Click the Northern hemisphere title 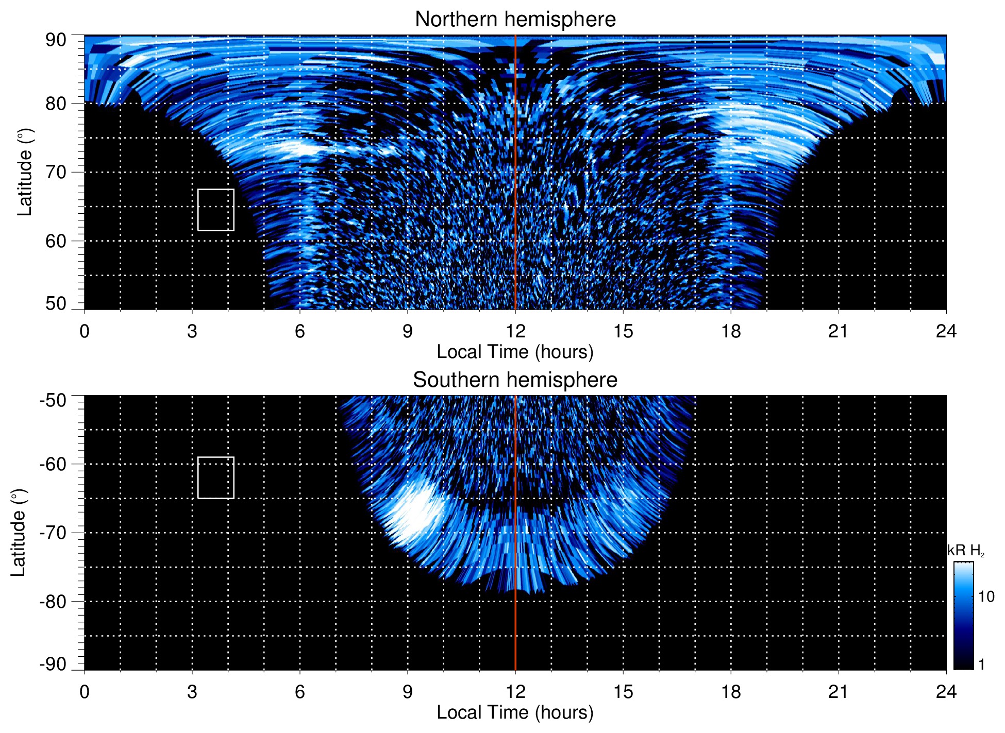click(x=515, y=20)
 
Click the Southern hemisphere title click(x=515, y=380)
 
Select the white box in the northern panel click(x=215, y=210)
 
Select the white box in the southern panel click(x=215, y=478)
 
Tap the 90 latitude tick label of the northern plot click(x=56, y=40)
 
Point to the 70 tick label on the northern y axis click(x=56, y=172)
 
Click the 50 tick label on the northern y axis click(x=56, y=304)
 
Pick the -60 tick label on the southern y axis click(x=53, y=464)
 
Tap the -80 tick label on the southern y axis click(x=53, y=602)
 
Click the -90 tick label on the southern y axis click(x=53, y=664)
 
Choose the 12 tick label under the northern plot click(x=515, y=331)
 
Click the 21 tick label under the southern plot click(x=838, y=692)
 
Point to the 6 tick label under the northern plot click(x=300, y=331)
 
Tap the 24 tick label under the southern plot click(x=946, y=692)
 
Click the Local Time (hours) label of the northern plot click(x=515, y=352)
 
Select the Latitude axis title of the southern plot click(x=19, y=533)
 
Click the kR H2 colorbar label click(x=966, y=551)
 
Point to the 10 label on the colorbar click(x=986, y=597)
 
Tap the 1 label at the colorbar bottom click(x=981, y=664)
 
